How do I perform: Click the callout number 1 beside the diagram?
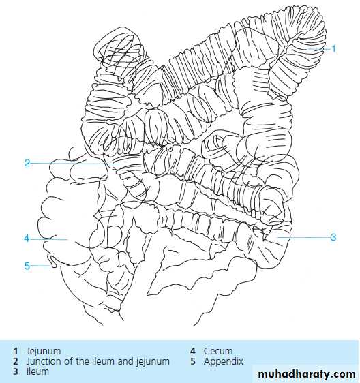tap(333, 49)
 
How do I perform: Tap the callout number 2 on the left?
tap(27, 163)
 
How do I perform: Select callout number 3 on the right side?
tap(333, 237)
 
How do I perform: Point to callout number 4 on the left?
tap(27, 239)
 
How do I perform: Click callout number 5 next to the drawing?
tap(27, 266)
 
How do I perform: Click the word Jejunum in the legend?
tap(44, 352)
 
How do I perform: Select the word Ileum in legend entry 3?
tap(37, 371)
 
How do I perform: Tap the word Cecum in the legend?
tap(218, 351)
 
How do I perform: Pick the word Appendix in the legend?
tap(224, 362)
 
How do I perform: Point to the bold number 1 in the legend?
tap(16, 351)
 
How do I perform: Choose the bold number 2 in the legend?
tap(16, 361)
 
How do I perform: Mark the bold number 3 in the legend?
tap(16, 371)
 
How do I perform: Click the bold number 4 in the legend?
tap(193, 351)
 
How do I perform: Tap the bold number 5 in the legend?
tap(193, 361)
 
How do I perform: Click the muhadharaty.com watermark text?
tap(307, 374)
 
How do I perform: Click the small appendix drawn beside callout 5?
tap(52, 261)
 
